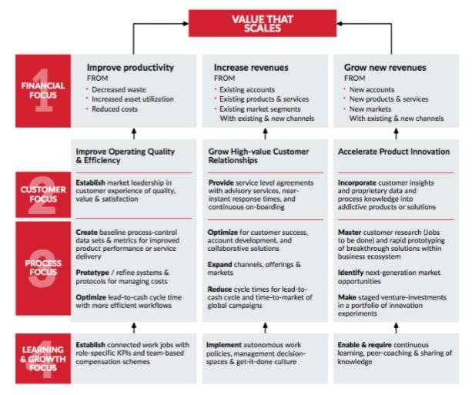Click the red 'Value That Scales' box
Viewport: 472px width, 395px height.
pos(263,23)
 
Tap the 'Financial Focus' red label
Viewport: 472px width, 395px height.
pos(43,91)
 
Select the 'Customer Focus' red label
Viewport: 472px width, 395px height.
pos(43,195)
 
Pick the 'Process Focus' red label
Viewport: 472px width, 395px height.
pos(43,268)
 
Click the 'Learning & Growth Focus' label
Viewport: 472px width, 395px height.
pos(43,358)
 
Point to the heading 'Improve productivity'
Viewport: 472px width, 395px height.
pos(130,68)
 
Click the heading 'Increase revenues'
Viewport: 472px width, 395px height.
pos(251,68)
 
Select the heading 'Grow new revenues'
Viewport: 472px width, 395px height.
pos(385,68)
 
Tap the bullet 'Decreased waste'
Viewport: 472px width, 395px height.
pos(119,89)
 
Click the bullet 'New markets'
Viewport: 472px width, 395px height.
pos(370,109)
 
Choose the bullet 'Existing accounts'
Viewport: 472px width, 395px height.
pos(247,89)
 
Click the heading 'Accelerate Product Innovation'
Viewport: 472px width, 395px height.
pos(393,152)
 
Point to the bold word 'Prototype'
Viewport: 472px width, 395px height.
pos(92,273)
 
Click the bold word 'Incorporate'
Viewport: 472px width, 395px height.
pos(357,182)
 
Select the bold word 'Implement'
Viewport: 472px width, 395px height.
pos(224,345)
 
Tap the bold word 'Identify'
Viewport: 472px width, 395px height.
pos(350,273)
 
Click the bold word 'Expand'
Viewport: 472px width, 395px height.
pos(219,265)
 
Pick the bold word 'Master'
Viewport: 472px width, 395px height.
pos(350,232)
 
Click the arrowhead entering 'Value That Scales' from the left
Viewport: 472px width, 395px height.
pos(186,23)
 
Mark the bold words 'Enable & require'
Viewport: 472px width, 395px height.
pos(364,345)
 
